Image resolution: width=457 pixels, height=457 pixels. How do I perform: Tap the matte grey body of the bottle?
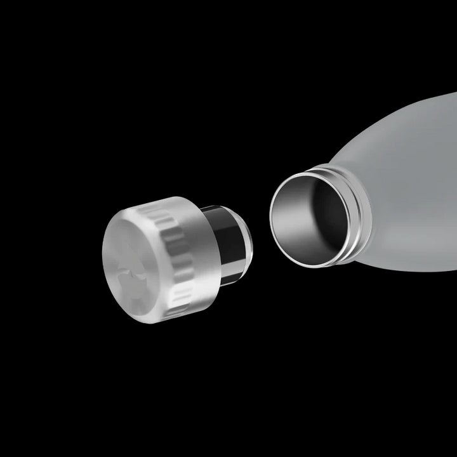413,190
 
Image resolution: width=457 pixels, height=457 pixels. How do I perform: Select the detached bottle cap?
165,254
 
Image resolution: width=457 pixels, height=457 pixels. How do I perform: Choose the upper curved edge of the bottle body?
406,117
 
